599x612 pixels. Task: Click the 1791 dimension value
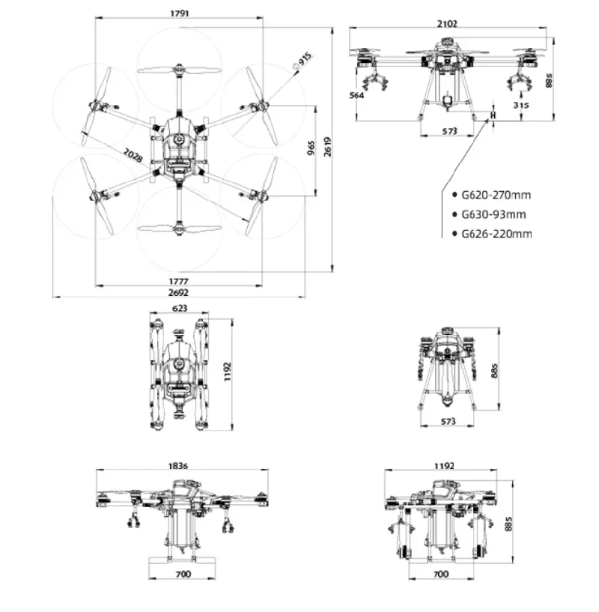[178, 12]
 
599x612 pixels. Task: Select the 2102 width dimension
[449, 23]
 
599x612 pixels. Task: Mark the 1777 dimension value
[178, 279]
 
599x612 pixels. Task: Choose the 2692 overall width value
[178, 291]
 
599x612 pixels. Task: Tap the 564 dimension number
[357, 95]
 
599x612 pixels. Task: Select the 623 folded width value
[180, 308]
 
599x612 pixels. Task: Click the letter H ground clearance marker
[493, 116]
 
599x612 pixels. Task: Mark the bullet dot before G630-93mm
[454, 215]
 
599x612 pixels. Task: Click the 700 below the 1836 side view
[183, 574]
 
